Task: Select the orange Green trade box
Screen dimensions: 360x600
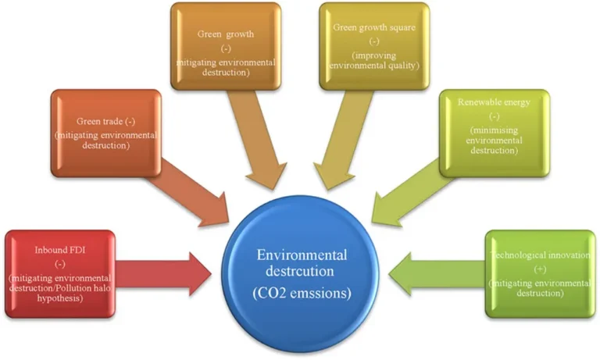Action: (106, 134)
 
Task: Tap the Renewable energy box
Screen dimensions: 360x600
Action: (493, 132)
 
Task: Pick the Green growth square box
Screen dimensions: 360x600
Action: (374, 46)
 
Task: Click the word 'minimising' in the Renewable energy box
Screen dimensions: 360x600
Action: (494, 129)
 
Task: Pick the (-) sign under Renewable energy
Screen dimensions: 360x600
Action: (494, 116)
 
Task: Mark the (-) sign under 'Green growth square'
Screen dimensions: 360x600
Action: (373, 41)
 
